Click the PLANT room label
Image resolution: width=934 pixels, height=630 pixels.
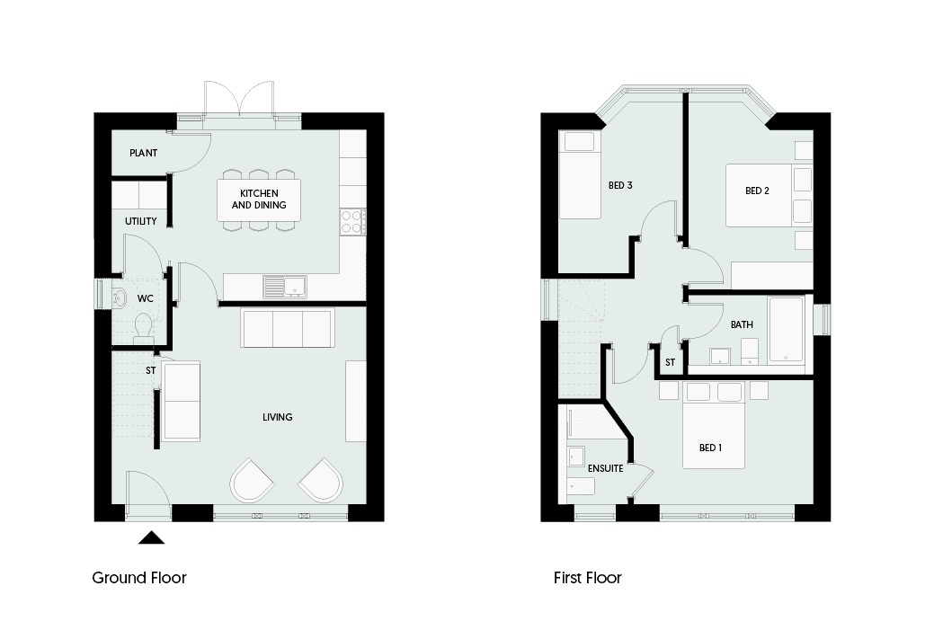pyautogui.click(x=144, y=153)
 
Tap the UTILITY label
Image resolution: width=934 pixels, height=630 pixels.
pyautogui.click(x=140, y=221)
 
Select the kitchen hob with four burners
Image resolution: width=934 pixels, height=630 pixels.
pyautogui.click(x=352, y=221)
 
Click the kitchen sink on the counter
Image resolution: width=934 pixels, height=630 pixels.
pyautogui.click(x=285, y=287)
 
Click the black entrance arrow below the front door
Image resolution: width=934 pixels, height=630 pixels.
pyautogui.click(x=151, y=537)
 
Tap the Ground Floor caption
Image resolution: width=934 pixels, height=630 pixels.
pyautogui.click(x=139, y=578)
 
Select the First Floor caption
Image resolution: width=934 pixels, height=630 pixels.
pyautogui.click(x=587, y=578)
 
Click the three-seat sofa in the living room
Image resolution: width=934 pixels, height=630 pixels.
pyautogui.click(x=287, y=327)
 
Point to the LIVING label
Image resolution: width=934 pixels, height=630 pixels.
pyautogui.click(x=278, y=417)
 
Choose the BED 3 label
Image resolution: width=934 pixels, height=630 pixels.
pyautogui.click(x=620, y=185)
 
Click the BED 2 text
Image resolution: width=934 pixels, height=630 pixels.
pyautogui.click(x=757, y=191)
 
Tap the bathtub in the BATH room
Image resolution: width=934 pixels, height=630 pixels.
pyautogui.click(x=787, y=330)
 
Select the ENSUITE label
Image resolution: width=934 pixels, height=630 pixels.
pyautogui.click(x=605, y=468)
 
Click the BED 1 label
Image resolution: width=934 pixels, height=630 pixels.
pyautogui.click(x=711, y=448)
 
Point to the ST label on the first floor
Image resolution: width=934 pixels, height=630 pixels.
pyautogui.click(x=670, y=362)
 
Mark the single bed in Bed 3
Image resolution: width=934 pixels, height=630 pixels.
pyautogui.click(x=580, y=175)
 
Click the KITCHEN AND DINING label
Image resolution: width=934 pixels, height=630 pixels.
pyautogui.click(x=259, y=199)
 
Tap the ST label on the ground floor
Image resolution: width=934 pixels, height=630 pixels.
pyautogui.click(x=151, y=370)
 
